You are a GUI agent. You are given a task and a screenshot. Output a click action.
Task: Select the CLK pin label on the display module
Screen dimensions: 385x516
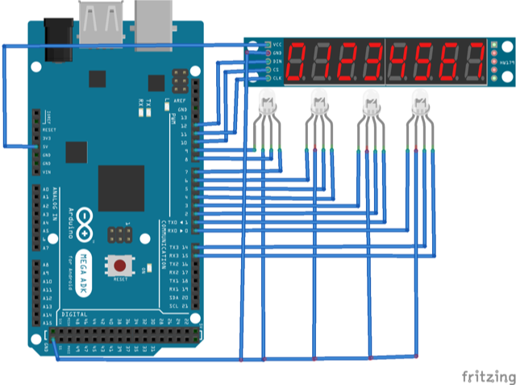coord(277,78)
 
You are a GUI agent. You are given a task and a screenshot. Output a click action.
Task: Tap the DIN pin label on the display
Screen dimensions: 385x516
coord(277,61)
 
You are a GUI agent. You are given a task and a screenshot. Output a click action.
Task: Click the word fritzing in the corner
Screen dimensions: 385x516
coord(486,376)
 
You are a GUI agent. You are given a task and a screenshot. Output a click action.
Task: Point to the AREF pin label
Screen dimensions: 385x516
coord(181,100)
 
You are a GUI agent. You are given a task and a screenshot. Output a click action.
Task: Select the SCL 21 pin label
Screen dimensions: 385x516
coord(179,307)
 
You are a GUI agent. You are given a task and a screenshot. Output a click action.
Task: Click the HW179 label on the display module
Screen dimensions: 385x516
coord(506,61)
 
